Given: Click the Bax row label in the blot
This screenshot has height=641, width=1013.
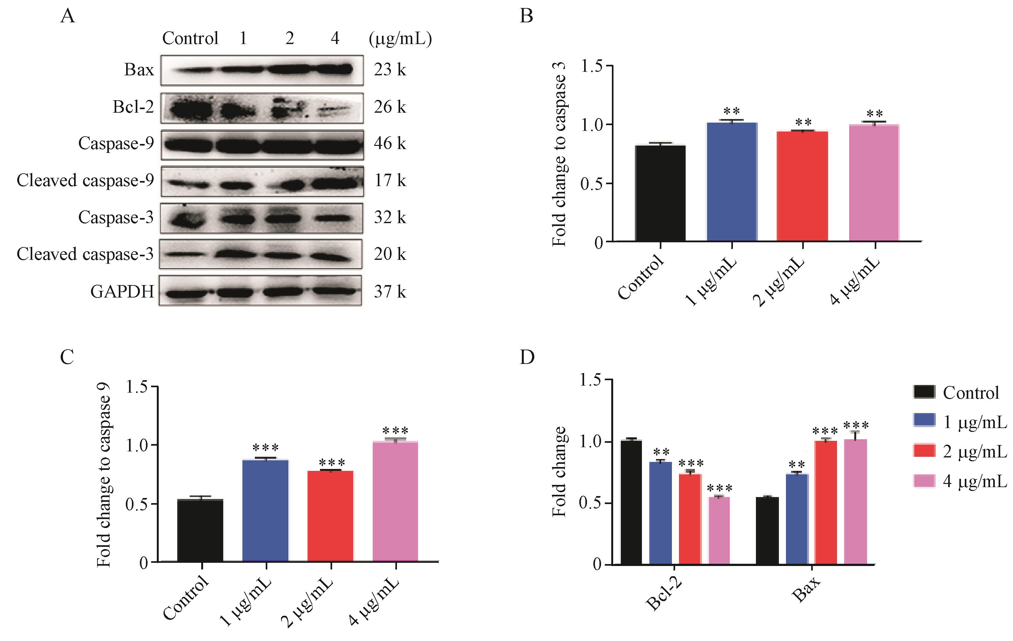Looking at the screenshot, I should pos(139,70).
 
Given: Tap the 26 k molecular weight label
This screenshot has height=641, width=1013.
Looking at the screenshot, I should pos(390,107).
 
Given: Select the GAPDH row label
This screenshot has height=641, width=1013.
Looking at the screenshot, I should pos(122,291).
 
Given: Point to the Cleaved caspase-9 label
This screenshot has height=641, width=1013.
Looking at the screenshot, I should pos(85,180).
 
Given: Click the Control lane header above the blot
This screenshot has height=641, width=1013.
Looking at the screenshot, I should pos(190,39).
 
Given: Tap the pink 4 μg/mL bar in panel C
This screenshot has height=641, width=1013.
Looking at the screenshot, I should pos(395,501).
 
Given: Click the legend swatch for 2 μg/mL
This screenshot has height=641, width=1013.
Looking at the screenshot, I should pos(924,450).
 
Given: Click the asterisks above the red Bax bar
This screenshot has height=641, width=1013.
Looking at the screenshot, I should pos(825,431).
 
